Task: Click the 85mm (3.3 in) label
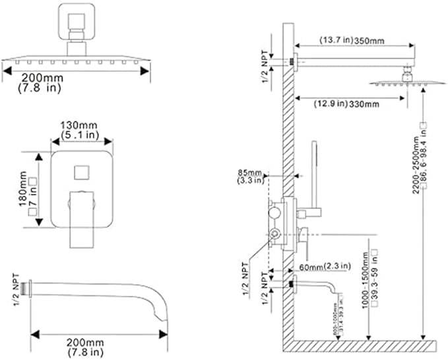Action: tap(250, 177)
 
